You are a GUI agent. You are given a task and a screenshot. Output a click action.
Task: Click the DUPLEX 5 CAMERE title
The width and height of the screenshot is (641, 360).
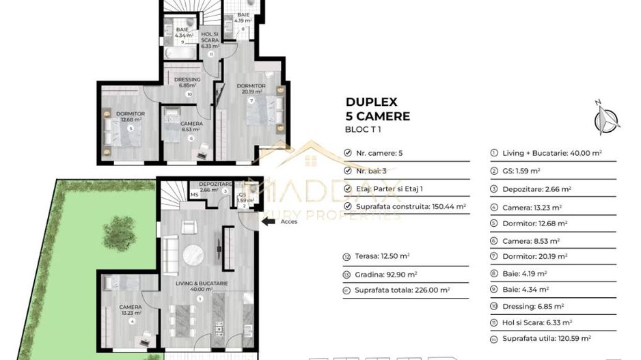377,109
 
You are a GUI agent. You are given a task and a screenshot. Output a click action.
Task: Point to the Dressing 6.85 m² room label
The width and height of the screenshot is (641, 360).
187,82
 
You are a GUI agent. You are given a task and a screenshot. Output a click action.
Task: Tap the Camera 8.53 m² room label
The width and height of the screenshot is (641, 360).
191,126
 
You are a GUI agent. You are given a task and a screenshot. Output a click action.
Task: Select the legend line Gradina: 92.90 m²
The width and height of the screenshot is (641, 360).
383,273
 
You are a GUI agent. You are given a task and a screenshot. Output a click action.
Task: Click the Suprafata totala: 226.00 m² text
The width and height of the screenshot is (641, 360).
401,290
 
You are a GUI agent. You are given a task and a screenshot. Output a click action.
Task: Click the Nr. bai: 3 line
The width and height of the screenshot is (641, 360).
373,171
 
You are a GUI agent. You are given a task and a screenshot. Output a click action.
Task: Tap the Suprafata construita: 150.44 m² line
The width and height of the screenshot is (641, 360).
407,206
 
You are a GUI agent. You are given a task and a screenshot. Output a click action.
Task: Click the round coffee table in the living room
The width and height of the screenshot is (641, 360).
192,255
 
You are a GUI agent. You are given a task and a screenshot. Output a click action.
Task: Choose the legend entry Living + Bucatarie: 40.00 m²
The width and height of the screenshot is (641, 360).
547,154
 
